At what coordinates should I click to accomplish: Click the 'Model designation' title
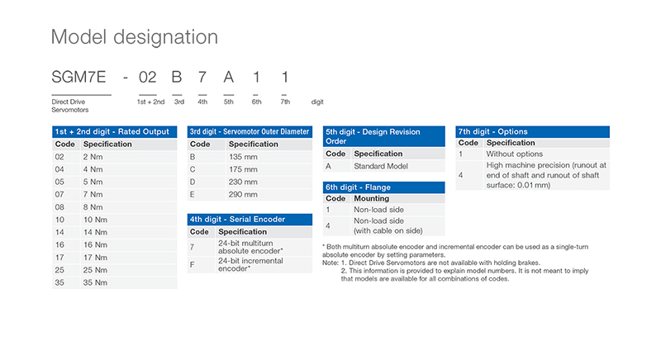point(135,37)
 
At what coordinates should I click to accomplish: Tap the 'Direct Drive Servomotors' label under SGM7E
point(69,106)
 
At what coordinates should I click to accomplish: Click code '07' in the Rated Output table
point(59,194)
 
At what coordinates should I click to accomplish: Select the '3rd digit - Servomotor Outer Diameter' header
point(250,132)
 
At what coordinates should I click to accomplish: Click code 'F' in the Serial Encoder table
point(193,264)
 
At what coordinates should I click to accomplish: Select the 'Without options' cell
point(514,154)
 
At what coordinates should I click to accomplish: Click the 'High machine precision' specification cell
point(545,175)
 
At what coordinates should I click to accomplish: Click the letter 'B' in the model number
point(176,78)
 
